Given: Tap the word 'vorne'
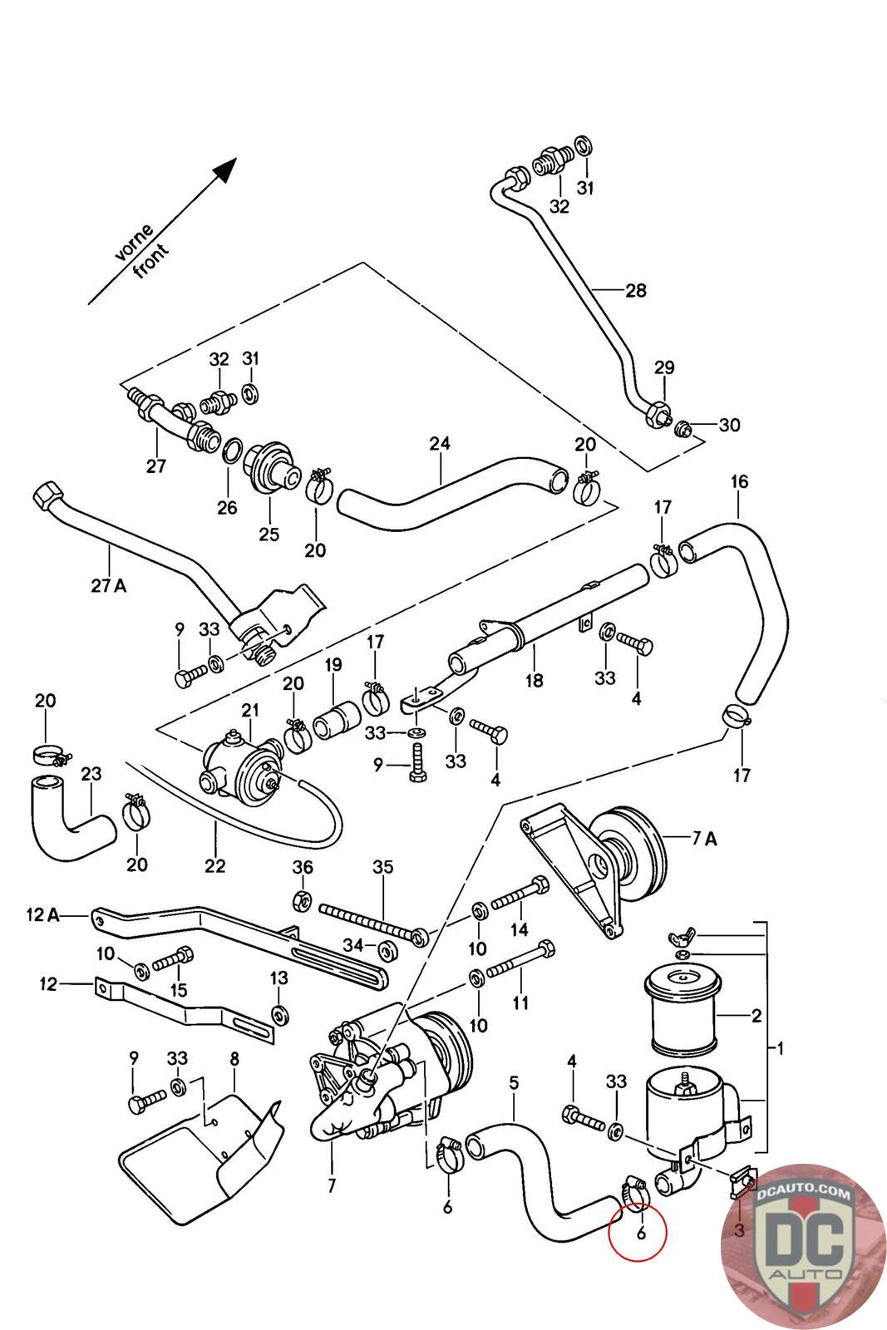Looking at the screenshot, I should click(133, 242).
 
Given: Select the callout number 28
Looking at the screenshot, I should click(636, 291).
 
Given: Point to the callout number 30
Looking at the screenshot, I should click(729, 426).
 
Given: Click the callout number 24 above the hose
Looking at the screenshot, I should click(440, 444).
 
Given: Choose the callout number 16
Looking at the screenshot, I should click(739, 481).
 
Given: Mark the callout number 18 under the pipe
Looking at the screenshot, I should click(534, 680).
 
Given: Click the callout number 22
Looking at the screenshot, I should click(214, 865).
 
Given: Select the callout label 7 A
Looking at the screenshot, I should click(704, 839).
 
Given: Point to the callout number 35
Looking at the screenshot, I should click(382, 868).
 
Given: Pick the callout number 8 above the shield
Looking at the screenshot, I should click(234, 1059).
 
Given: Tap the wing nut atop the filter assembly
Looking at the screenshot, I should click(678, 939).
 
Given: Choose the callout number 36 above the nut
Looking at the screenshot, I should click(303, 867).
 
